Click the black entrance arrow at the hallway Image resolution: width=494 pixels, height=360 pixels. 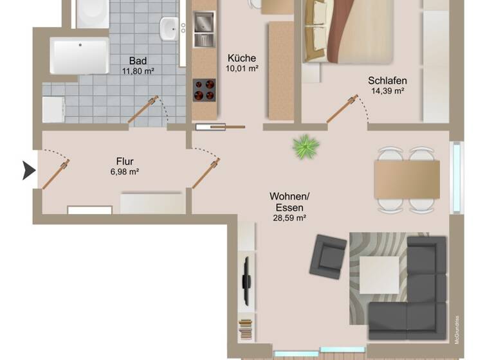click(29, 171)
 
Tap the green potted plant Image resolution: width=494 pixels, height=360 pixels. click(306, 147)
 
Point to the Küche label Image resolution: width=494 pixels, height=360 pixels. click(242, 57)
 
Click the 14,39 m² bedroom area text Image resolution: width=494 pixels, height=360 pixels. click(387, 92)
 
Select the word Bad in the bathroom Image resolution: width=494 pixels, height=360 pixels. click(138, 61)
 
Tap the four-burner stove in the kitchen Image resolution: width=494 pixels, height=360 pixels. click(205, 90)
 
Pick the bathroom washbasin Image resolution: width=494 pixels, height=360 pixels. click(170, 28)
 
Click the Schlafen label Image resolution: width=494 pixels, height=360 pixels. click(387, 81)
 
